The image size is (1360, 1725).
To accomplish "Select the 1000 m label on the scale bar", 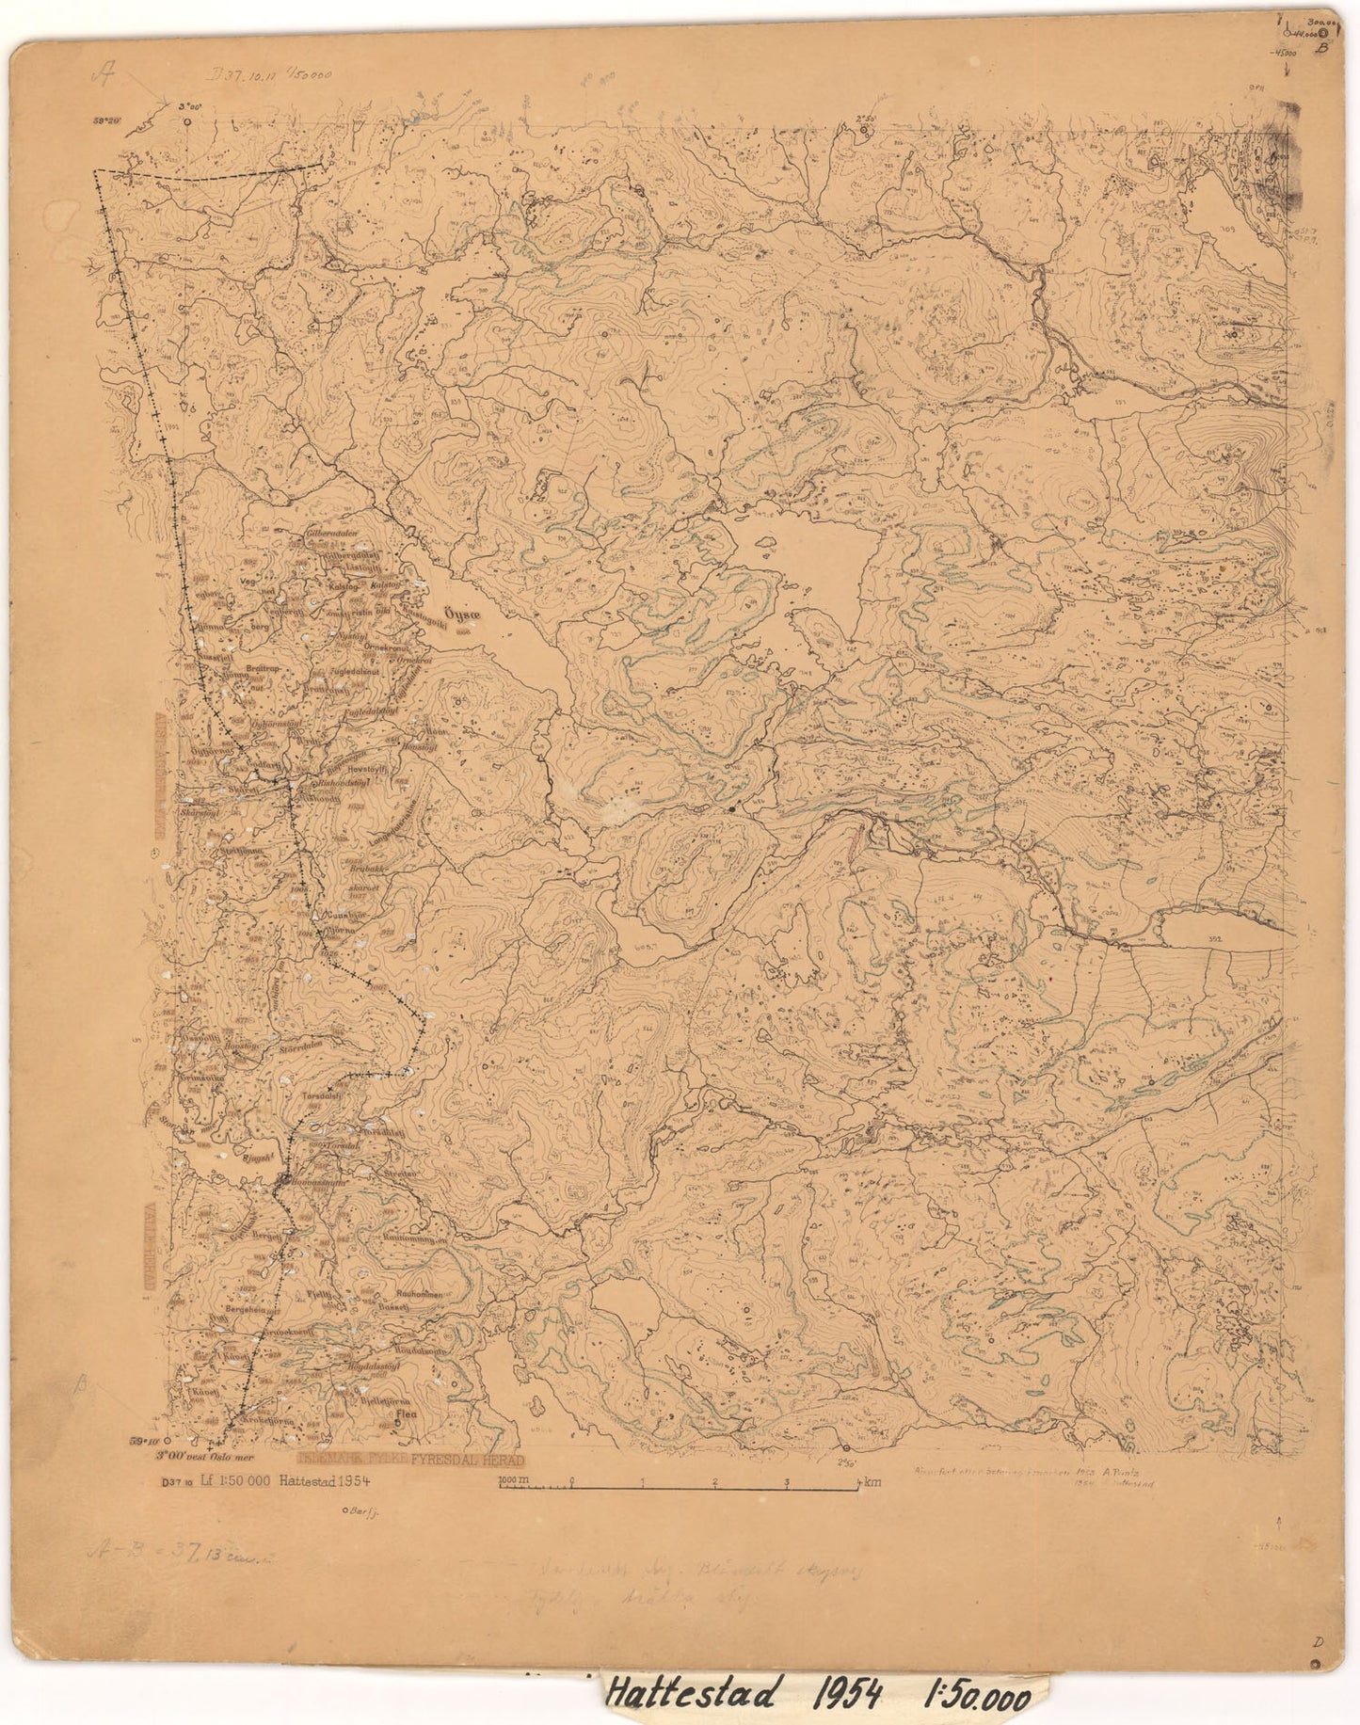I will pyautogui.click(x=515, y=1481).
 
